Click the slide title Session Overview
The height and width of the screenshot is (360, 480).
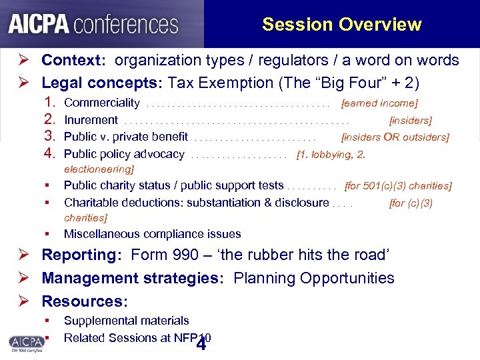click(x=341, y=25)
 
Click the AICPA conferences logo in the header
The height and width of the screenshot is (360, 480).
click(x=93, y=24)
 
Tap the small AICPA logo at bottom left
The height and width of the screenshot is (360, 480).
click(x=26, y=342)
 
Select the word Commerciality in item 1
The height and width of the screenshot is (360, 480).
click(x=101, y=103)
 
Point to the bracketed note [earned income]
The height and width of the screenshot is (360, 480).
click(x=379, y=103)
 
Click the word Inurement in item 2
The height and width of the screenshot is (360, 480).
click(x=91, y=120)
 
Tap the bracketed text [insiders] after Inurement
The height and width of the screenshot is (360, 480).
click(x=410, y=121)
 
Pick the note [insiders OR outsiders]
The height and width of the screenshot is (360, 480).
click(x=395, y=137)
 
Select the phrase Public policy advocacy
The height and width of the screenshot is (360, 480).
click(x=124, y=154)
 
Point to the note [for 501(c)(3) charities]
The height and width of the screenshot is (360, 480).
click(x=397, y=186)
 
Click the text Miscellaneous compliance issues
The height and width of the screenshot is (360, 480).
click(x=152, y=234)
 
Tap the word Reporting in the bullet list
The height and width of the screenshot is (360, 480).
click(x=79, y=255)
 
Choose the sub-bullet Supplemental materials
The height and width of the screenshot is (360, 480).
click(x=126, y=321)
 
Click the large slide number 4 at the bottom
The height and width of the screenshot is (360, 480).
click(x=201, y=345)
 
